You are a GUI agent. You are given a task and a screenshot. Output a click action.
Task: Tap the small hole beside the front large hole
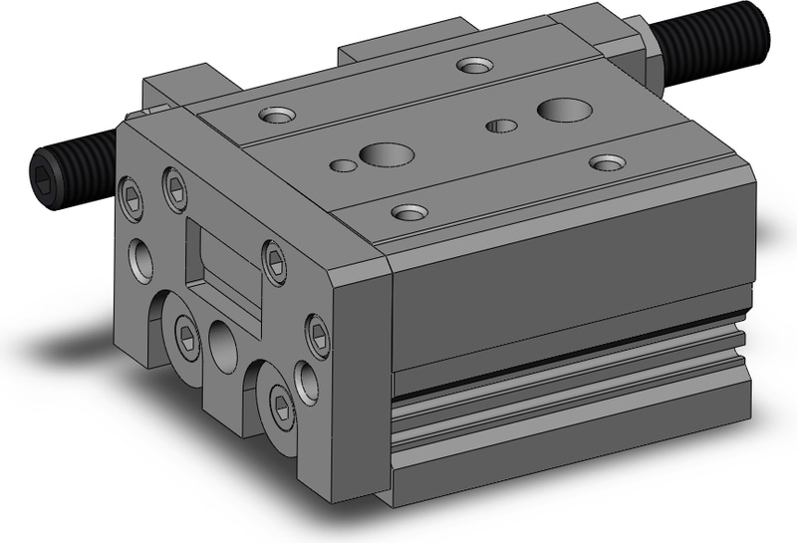[x=342, y=164]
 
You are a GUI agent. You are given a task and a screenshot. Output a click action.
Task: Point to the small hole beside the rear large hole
[x=502, y=126]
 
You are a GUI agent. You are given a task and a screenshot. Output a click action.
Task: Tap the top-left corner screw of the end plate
[x=130, y=191]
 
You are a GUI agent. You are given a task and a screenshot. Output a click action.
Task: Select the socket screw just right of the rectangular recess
[x=275, y=258]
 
